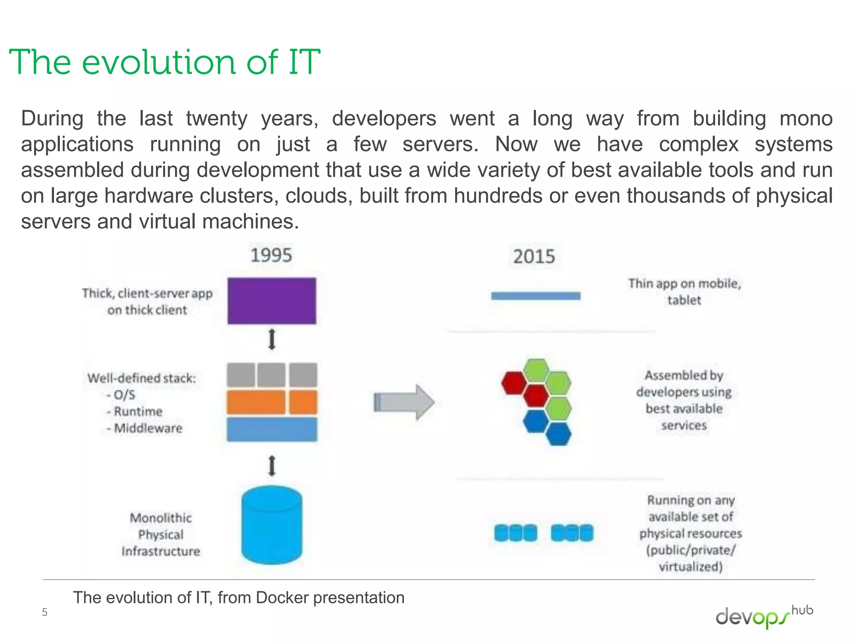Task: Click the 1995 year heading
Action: point(271,255)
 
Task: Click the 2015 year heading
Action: point(534,257)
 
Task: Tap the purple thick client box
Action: point(271,301)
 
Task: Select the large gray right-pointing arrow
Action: point(404,402)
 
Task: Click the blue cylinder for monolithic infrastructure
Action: point(271,525)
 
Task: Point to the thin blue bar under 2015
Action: point(535,296)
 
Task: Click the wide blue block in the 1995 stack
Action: point(272,429)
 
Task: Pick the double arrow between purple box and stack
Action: point(272,339)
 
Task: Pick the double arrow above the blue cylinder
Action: point(272,466)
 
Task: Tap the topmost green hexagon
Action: point(536,370)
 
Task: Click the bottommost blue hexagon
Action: point(558,434)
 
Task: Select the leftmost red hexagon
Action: point(514,383)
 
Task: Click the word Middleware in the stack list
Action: point(148,428)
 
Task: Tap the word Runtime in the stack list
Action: point(138,411)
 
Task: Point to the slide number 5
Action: point(44,613)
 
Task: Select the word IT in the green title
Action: point(304,62)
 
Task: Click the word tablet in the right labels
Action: point(684,300)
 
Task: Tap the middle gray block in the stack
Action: point(271,375)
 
